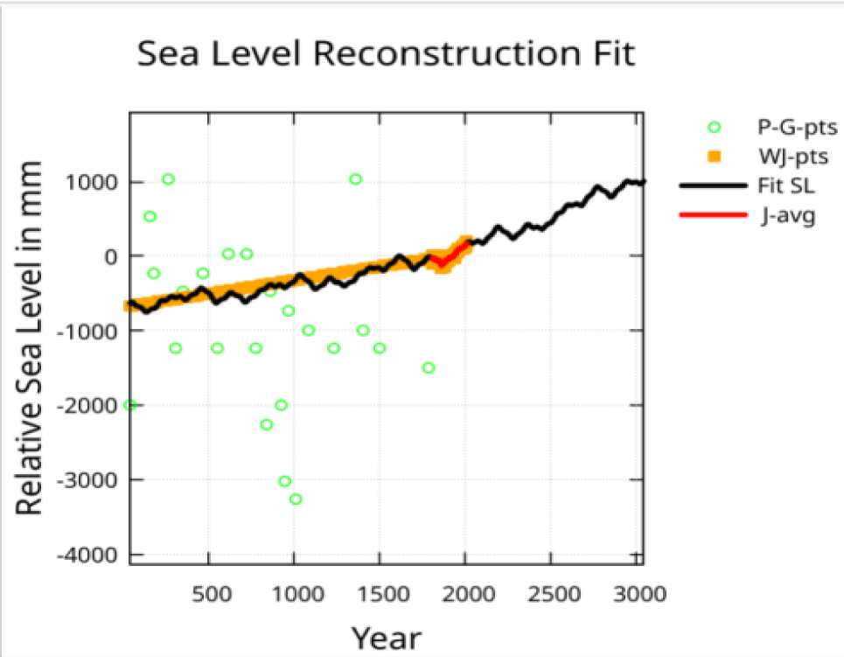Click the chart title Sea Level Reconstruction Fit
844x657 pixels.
point(385,54)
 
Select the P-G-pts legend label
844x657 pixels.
point(797,128)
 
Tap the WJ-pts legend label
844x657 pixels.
point(792,157)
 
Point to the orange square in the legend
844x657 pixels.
point(714,157)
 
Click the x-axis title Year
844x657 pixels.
point(386,637)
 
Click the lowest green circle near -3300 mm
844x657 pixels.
point(296,500)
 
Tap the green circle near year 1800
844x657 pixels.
point(429,367)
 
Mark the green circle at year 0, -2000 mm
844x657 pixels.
point(130,405)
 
